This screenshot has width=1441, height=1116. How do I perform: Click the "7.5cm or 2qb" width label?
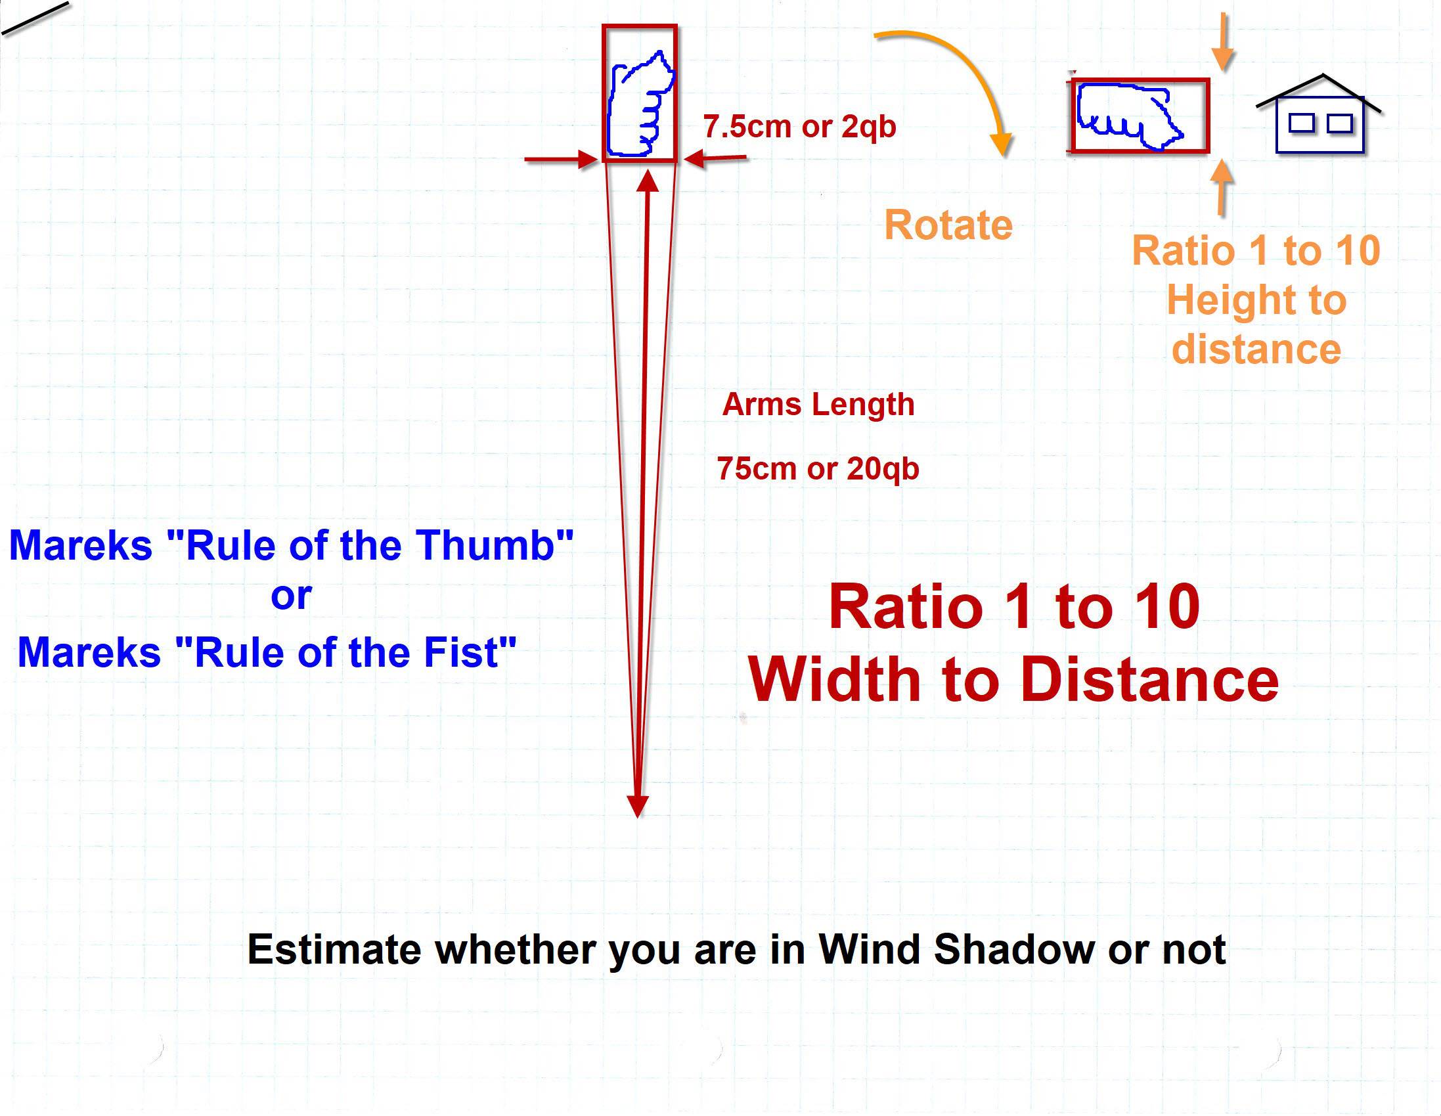pyautogui.click(x=800, y=126)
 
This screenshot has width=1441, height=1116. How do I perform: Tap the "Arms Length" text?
pyautogui.click(x=818, y=404)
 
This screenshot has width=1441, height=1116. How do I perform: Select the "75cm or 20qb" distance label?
pyautogui.click(x=818, y=468)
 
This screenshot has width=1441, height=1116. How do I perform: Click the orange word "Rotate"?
pyautogui.click(x=948, y=225)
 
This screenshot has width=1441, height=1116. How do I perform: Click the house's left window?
pyautogui.click(x=1302, y=123)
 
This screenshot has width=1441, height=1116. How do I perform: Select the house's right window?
pyautogui.click(x=1339, y=123)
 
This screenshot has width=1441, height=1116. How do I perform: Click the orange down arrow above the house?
pyautogui.click(x=1224, y=41)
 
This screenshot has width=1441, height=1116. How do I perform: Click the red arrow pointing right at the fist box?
pyautogui.click(x=562, y=159)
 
